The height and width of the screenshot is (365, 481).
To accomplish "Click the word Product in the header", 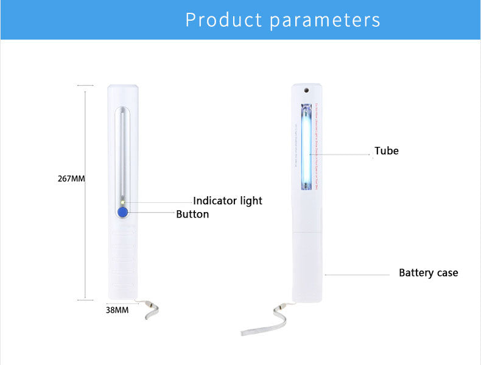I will click(x=223, y=19).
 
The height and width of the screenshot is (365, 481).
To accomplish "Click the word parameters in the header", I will click(x=325, y=20).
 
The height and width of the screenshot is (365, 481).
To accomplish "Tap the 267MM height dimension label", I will click(x=71, y=179).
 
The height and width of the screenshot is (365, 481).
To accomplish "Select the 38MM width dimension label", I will click(x=118, y=310).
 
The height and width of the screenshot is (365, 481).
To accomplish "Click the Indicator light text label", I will click(x=228, y=200).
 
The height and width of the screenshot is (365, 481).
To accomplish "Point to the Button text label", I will click(x=192, y=214).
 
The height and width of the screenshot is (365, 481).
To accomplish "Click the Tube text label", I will click(x=387, y=151).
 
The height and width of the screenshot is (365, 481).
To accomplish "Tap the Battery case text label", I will click(x=428, y=272).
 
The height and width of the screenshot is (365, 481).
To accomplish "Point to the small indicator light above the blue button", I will click(x=122, y=202).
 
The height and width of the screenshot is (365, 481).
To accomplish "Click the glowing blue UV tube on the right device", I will click(x=306, y=146).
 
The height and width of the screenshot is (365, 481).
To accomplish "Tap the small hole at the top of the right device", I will click(x=306, y=90).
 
